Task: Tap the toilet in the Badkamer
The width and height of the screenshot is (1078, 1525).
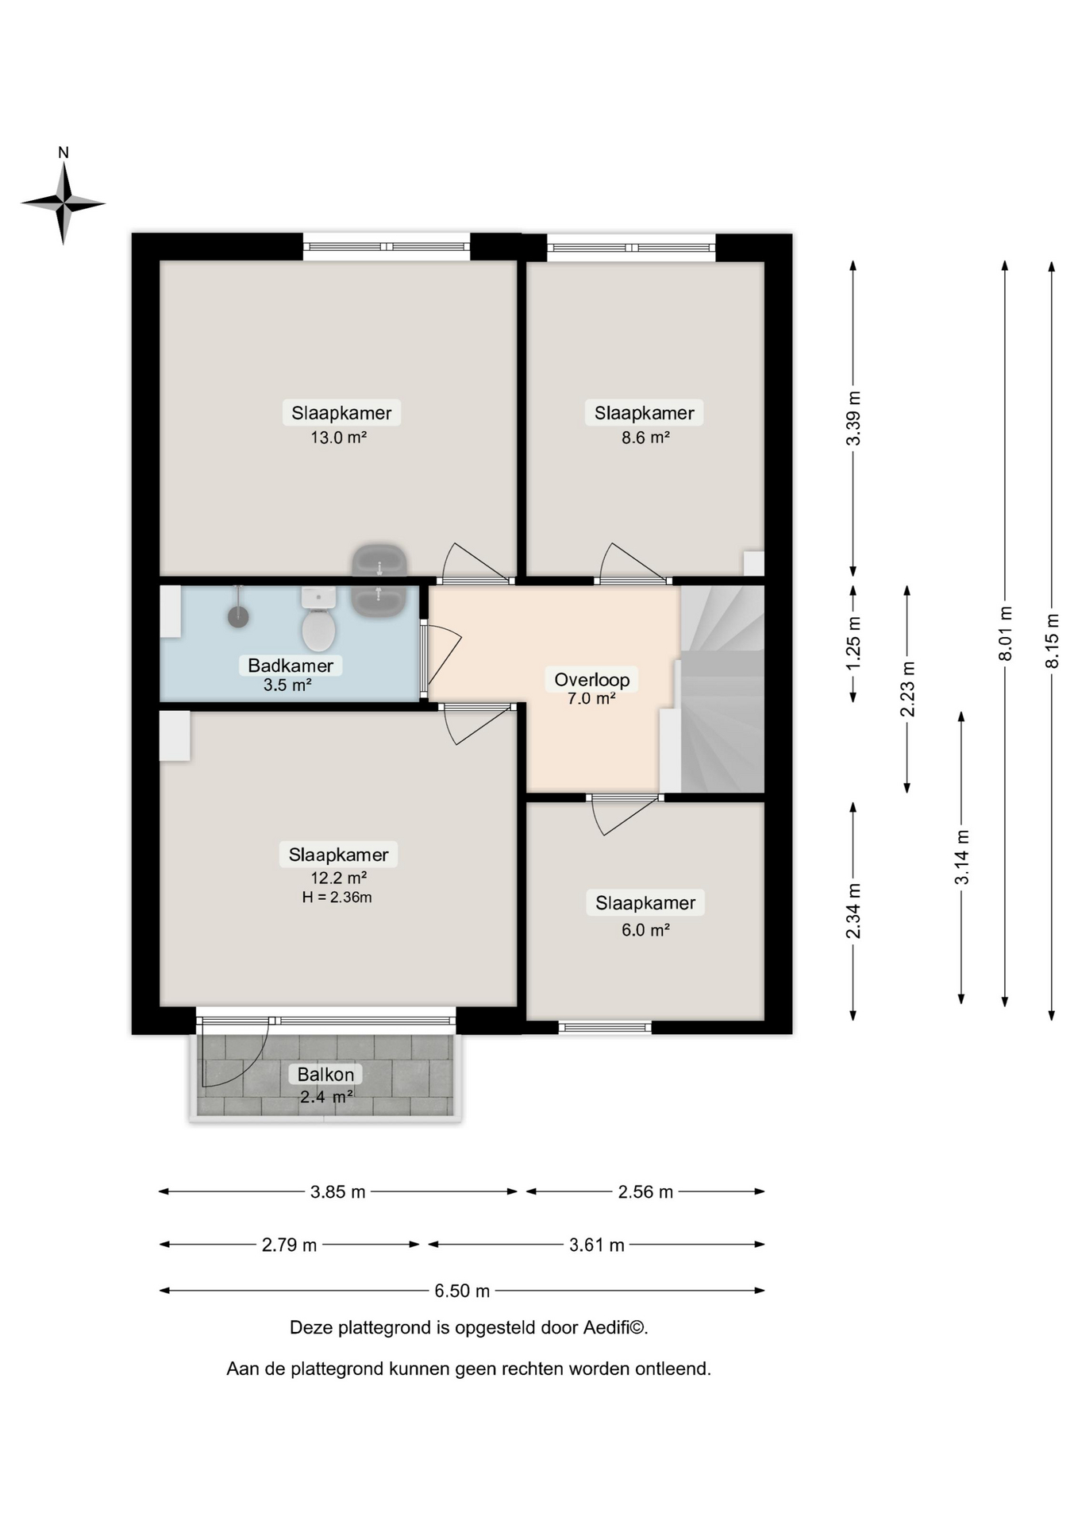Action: (318, 620)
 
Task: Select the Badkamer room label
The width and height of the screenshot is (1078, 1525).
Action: (291, 666)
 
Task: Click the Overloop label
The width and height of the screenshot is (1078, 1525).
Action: (592, 680)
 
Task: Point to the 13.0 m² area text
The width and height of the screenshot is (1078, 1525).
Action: (339, 437)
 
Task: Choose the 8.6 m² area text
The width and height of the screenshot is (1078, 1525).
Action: (645, 437)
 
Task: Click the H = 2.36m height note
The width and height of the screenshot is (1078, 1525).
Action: (337, 898)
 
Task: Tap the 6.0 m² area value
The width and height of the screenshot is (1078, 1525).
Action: (645, 929)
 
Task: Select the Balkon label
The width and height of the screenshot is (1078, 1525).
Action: (325, 1075)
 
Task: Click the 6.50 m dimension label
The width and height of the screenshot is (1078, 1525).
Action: (462, 1291)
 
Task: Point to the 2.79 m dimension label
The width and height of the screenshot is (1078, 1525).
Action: (289, 1245)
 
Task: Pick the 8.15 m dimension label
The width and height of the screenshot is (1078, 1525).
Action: (1053, 640)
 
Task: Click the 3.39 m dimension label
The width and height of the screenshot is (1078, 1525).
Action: (854, 418)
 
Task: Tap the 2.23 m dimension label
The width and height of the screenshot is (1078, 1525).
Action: (907, 689)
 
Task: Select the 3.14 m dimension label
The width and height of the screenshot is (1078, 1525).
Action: (962, 857)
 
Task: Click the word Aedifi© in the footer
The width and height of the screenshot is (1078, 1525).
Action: (616, 1327)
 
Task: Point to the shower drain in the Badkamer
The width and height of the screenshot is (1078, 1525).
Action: (238, 616)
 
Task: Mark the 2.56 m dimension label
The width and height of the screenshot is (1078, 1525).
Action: (645, 1191)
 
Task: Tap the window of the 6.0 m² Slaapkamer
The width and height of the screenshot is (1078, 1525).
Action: (605, 1027)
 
